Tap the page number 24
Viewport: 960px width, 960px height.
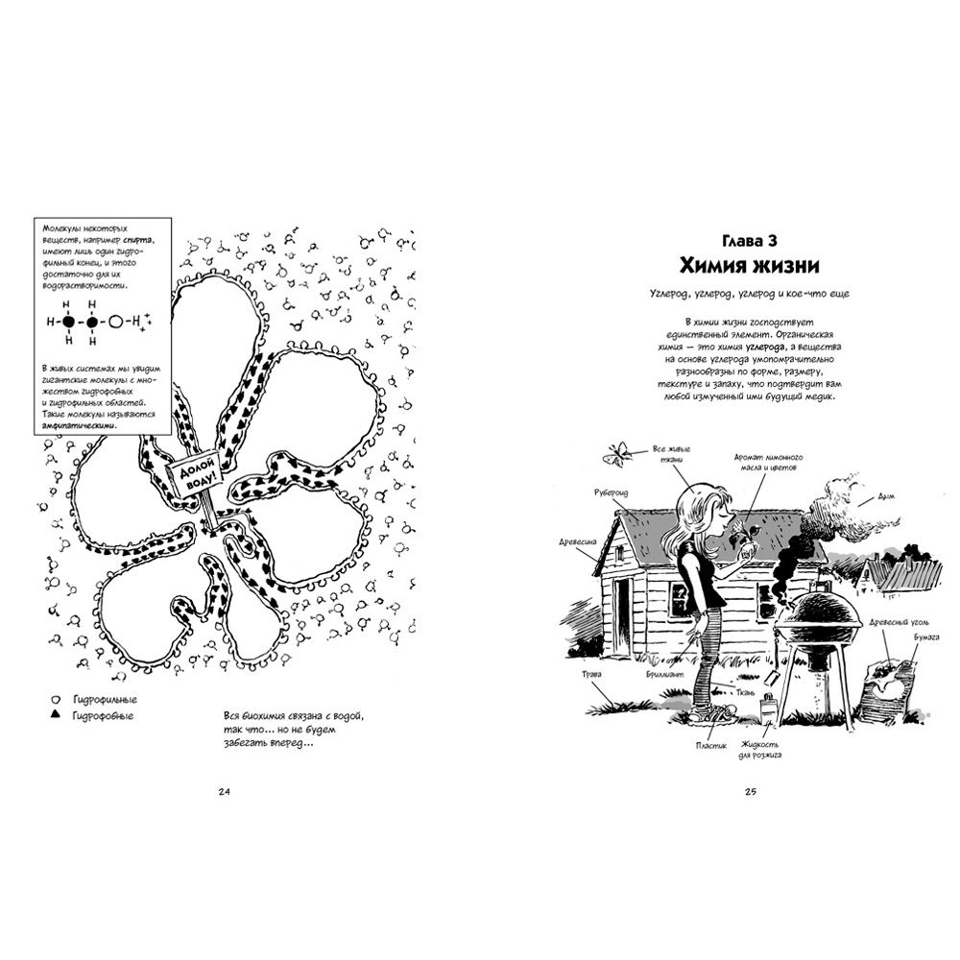[226, 791]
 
